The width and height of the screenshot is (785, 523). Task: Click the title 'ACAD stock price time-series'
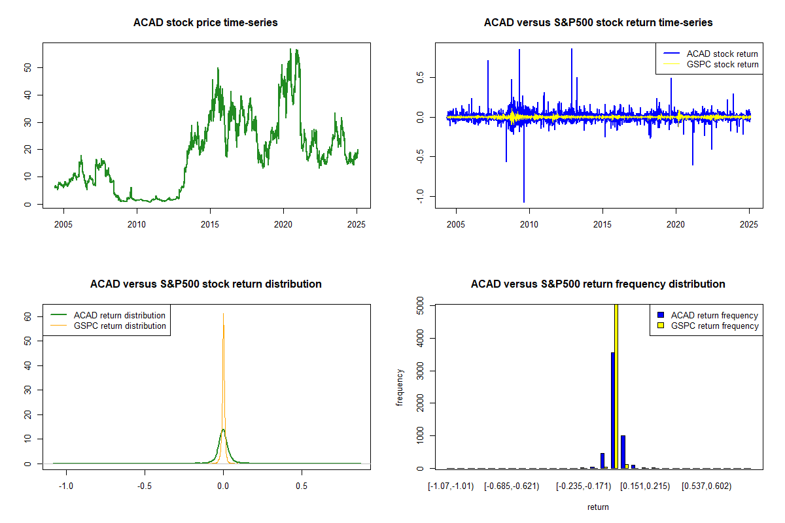(205, 23)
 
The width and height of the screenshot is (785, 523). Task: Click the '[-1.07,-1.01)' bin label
(451, 487)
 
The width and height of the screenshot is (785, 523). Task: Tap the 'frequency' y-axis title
(400, 387)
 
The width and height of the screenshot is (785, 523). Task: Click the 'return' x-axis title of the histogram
(598, 507)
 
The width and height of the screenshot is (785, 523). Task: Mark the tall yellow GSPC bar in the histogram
(616, 386)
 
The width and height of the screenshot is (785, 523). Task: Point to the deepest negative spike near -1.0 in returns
(523, 199)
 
